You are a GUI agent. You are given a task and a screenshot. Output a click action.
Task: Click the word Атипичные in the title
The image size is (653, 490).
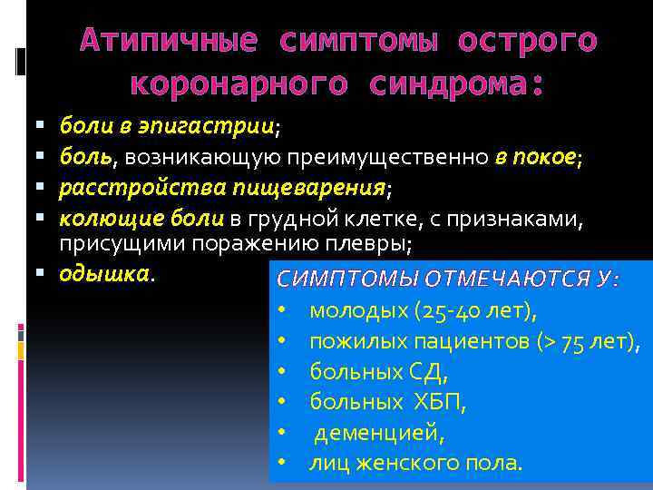pos(169,41)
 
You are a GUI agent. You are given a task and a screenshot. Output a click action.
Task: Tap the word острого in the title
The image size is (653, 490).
pos(527,41)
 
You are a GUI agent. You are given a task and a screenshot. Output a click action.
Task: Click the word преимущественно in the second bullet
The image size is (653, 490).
pos(389,158)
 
